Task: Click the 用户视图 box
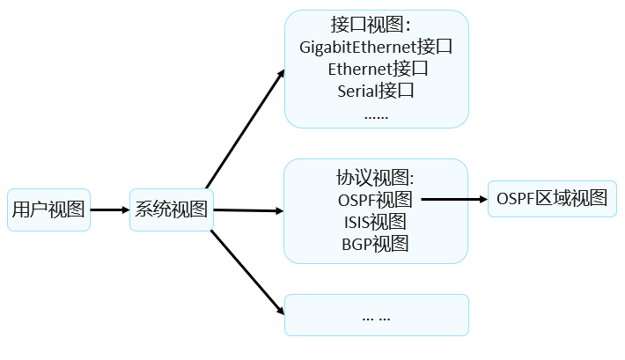[48, 209]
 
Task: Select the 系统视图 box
[172, 209]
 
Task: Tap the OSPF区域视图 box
[552, 199]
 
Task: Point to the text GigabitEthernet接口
[376, 47]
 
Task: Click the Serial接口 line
[376, 90]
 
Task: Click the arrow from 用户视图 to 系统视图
[110, 209]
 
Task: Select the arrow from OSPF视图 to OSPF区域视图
[454, 199]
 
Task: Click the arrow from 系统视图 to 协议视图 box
[249, 210]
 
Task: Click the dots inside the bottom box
[376, 315]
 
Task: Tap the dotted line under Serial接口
[376, 114]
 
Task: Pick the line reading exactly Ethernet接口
[376, 68]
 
